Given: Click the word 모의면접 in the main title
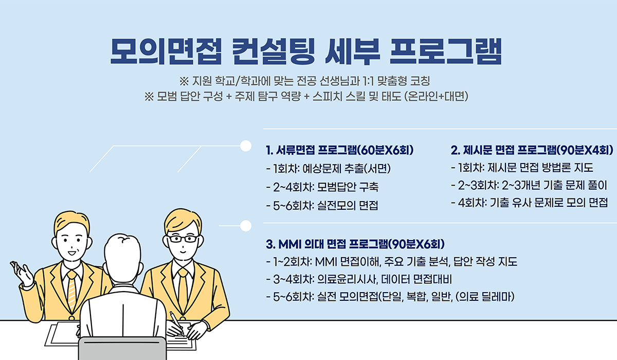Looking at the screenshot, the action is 166,51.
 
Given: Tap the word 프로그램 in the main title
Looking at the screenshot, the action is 445,51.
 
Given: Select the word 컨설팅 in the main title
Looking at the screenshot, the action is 274,51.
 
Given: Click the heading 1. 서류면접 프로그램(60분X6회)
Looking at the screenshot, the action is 340,150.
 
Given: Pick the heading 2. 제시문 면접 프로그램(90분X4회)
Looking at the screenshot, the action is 532,150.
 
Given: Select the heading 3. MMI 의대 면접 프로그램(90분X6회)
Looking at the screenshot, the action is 355,244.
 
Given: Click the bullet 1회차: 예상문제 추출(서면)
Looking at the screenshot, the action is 328,169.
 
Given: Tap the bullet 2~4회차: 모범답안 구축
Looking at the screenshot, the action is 322,187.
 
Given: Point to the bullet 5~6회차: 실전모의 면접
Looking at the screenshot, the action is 322,206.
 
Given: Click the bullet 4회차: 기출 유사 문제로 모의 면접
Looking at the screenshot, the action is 530,203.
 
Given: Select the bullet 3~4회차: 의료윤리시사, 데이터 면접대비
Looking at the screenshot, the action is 359,280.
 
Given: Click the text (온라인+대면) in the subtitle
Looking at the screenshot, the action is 437,96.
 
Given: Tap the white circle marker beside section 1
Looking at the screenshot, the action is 245,146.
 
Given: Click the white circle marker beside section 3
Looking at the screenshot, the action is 246,226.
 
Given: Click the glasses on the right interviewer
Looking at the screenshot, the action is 183,239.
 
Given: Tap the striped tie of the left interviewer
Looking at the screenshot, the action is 72,289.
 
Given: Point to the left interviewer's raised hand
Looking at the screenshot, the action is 22,273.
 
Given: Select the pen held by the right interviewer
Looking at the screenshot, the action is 176,323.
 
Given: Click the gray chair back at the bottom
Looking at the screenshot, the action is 122,349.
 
